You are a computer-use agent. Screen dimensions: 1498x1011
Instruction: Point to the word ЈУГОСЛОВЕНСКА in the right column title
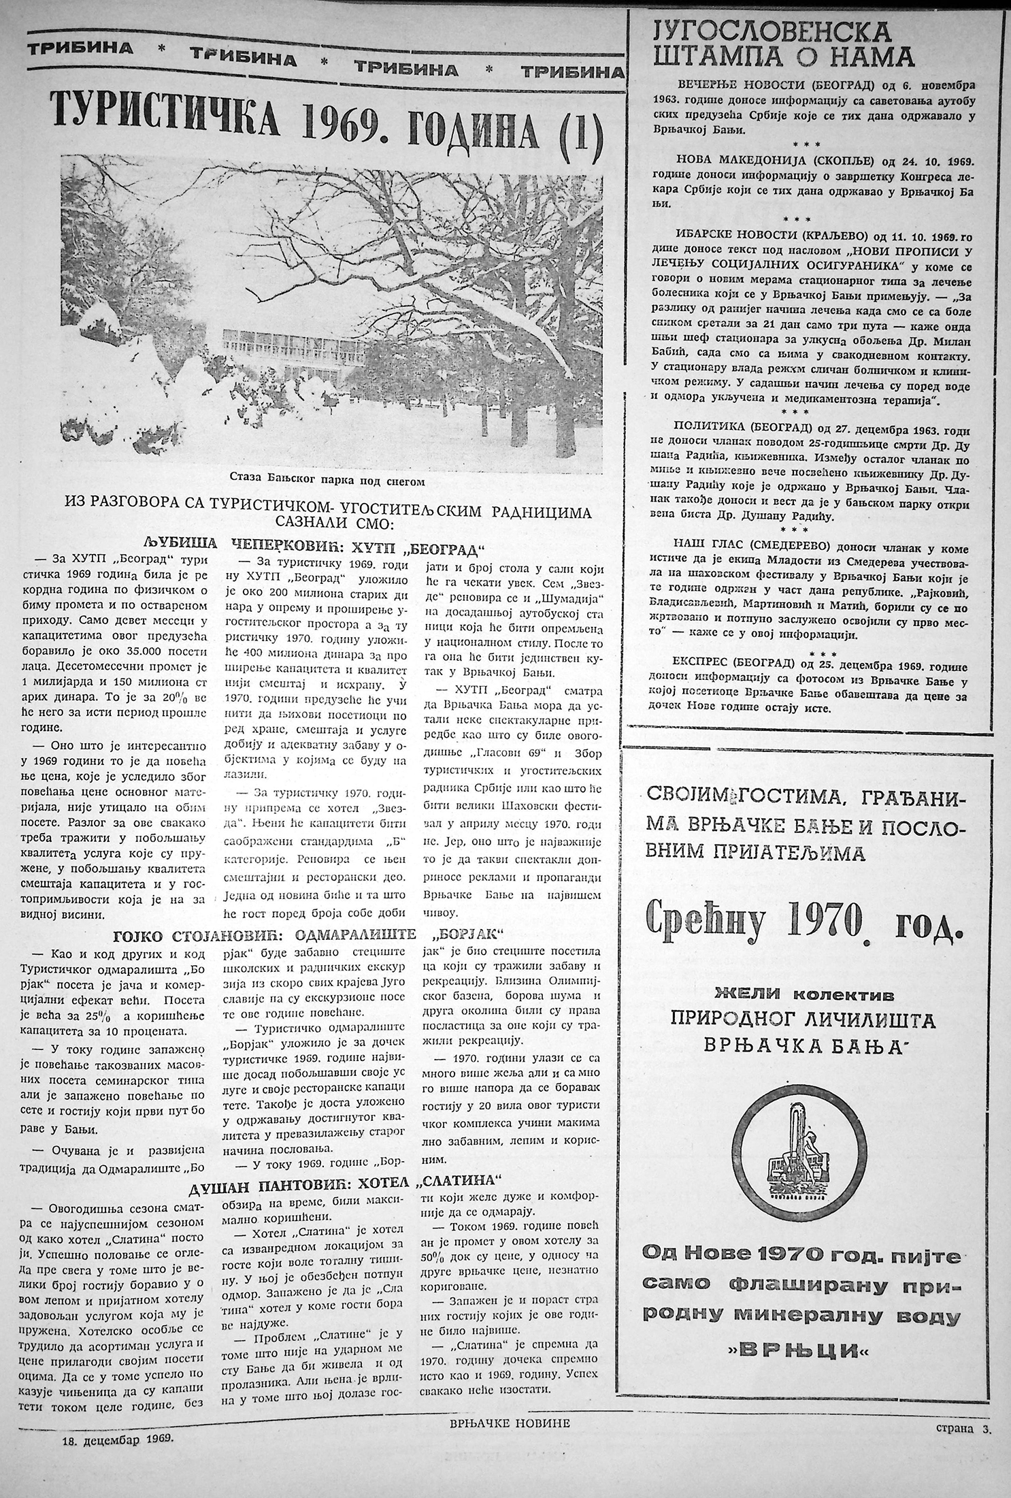click(x=772, y=31)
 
